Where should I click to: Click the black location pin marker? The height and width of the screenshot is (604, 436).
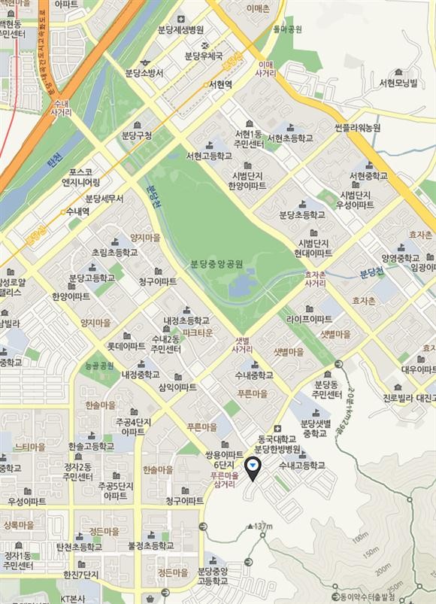pyautogui.click(x=253, y=467)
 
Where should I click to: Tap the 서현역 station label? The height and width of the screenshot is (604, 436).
pyautogui.click(x=220, y=84)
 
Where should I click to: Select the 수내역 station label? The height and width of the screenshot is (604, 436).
pyautogui.click(x=75, y=211)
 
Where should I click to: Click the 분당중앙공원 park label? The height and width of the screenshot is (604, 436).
pyautogui.click(x=216, y=264)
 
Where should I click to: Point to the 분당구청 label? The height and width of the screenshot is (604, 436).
pyautogui.click(x=137, y=135)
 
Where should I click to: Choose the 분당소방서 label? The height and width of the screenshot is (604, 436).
pyautogui.click(x=143, y=72)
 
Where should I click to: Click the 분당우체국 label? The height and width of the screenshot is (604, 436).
pyautogui.click(x=203, y=56)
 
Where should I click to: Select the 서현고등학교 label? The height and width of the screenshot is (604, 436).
pyautogui.click(x=209, y=156)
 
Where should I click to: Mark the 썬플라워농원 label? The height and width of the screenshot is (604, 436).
pyautogui.click(x=358, y=128)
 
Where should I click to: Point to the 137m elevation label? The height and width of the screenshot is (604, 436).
pyautogui.click(x=262, y=525)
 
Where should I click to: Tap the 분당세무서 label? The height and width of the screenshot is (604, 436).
pyautogui.click(x=104, y=199)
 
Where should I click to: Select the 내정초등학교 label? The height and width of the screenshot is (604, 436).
pyautogui.click(x=188, y=320)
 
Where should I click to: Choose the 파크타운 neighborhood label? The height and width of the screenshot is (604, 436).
pyautogui.click(x=198, y=332)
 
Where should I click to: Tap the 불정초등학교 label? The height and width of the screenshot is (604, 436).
pyautogui.click(x=151, y=547)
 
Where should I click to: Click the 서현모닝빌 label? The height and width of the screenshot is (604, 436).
pyautogui.click(x=398, y=82)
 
